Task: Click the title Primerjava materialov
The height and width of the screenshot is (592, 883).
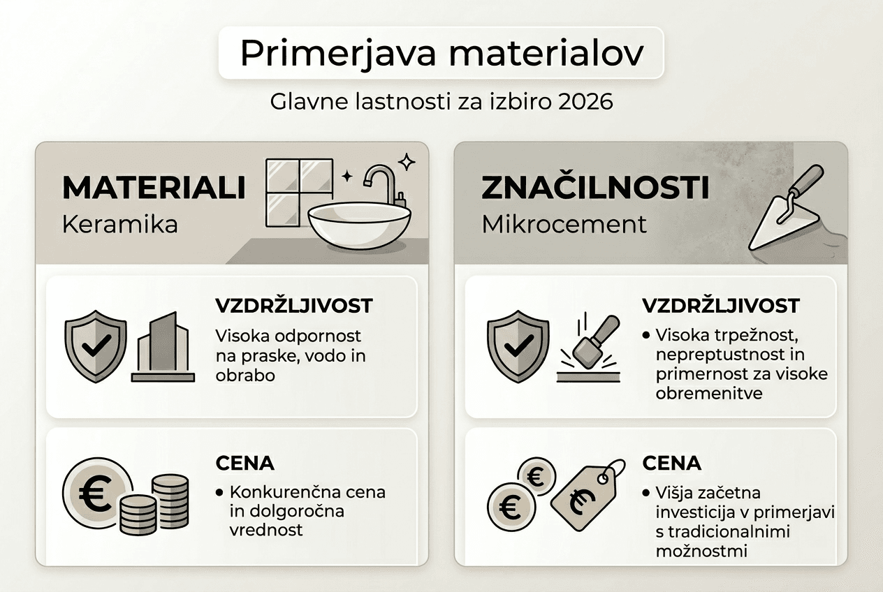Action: pyautogui.click(x=441, y=54)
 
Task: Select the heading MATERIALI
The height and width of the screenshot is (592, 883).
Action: pyautogui.click(x=153, y=188)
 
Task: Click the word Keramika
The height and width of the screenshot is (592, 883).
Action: pyautogui.click(x=119, y=225)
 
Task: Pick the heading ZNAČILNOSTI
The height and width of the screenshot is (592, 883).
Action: pyautogui.click(x=595, y=188)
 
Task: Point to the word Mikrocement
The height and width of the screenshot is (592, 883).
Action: pyautogui.click(x=564, y=225)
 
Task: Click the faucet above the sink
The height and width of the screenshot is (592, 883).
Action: pyautogui.click(x=382, y=183)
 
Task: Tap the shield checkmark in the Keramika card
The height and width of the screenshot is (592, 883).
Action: pyautogui.click(x=95, y=345)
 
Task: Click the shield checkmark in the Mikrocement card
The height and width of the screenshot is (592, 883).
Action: pyautogui.click(x=518, y=345)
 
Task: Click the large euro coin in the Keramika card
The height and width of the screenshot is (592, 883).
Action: pyautogui.click(x=96, y=494)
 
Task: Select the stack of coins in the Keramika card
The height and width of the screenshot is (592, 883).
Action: pyautogui.click(x=155, y=503)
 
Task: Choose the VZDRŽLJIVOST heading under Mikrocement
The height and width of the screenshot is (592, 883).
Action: pyautogui.click(x=720, y=306)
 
